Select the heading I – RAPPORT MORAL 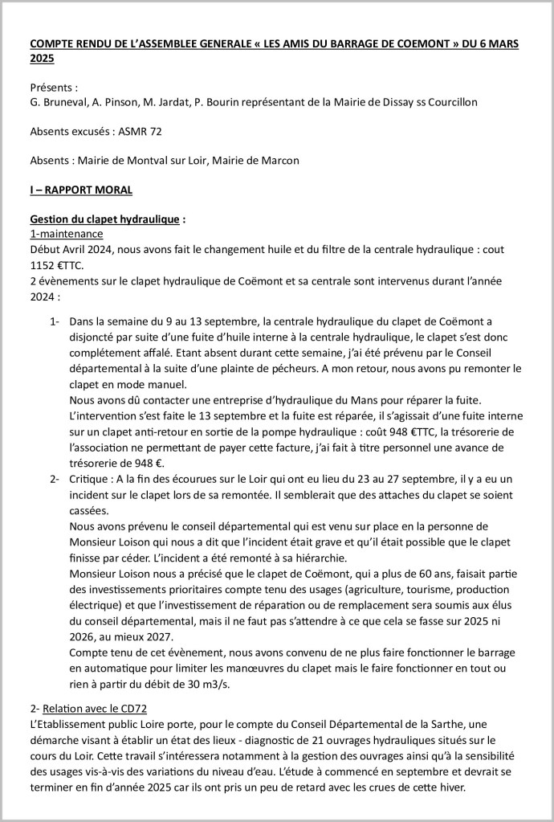(81, 190)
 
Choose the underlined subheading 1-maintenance (67, 235)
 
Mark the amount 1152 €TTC (60, 264)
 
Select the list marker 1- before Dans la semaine (55, 322)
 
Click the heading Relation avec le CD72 (100, 709)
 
